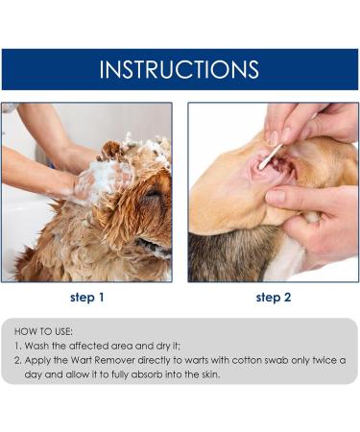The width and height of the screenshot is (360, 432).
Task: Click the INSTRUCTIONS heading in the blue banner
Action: click(x=180, y=69)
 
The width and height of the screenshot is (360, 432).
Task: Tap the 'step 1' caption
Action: click(x=86, y=298)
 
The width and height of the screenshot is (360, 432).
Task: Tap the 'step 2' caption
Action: click(x=274, y=298)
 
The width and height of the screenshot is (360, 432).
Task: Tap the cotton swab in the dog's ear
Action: click(x=270, y=155)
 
